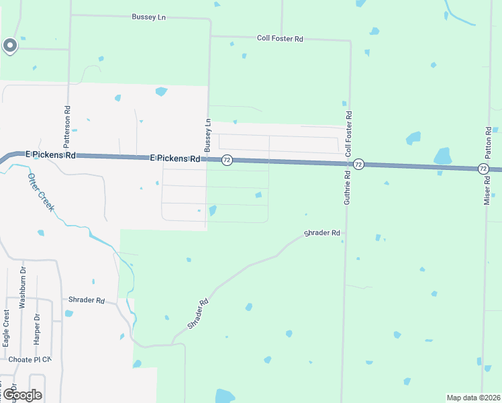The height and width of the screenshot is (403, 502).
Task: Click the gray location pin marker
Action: point(9,45)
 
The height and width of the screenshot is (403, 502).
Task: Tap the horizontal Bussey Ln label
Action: point(149,16)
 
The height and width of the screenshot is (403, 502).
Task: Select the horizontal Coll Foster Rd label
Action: point(280,38)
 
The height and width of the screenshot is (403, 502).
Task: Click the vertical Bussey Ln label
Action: point(208,134)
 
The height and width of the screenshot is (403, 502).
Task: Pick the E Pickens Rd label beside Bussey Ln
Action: point(175,159)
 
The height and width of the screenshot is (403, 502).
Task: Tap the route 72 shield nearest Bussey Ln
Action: point(227,160)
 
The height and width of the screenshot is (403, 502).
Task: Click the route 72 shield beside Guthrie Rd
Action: point(359,164)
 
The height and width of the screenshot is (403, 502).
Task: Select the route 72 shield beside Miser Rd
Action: point(483,168)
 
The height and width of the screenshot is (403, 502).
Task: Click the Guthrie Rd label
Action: point(348,187)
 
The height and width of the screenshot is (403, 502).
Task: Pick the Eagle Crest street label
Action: point(6,328)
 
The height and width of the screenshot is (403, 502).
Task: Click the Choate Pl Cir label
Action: point(30,359)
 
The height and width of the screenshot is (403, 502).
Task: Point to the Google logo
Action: point(22,395)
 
